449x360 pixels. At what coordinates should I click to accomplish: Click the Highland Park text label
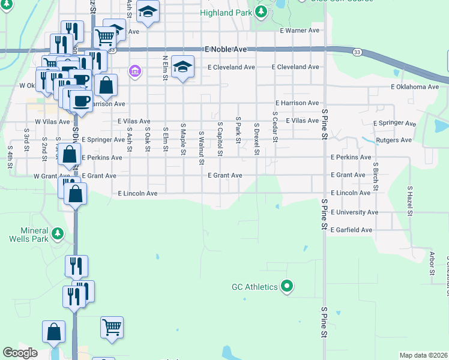coord(225,13)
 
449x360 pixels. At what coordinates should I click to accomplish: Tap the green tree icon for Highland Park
coord(261,11)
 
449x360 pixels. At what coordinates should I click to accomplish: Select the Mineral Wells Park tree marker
coord(57,232)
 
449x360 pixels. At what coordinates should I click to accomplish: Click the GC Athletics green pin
coord(287,287)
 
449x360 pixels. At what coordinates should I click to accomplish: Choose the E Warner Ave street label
coord(300,30)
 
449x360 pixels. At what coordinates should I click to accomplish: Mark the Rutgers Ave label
coord(394,140)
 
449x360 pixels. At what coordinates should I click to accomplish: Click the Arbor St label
coord(432,263)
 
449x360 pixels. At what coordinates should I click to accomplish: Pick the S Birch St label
coord(375,176)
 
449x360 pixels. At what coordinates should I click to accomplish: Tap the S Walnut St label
coord(202,148)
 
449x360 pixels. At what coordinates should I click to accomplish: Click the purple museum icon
coord(135,73)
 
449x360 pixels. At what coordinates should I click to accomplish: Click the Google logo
coord(20,353)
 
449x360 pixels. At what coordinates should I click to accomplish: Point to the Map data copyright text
coord(424,355)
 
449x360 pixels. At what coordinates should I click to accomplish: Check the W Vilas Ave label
coord(53,121)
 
